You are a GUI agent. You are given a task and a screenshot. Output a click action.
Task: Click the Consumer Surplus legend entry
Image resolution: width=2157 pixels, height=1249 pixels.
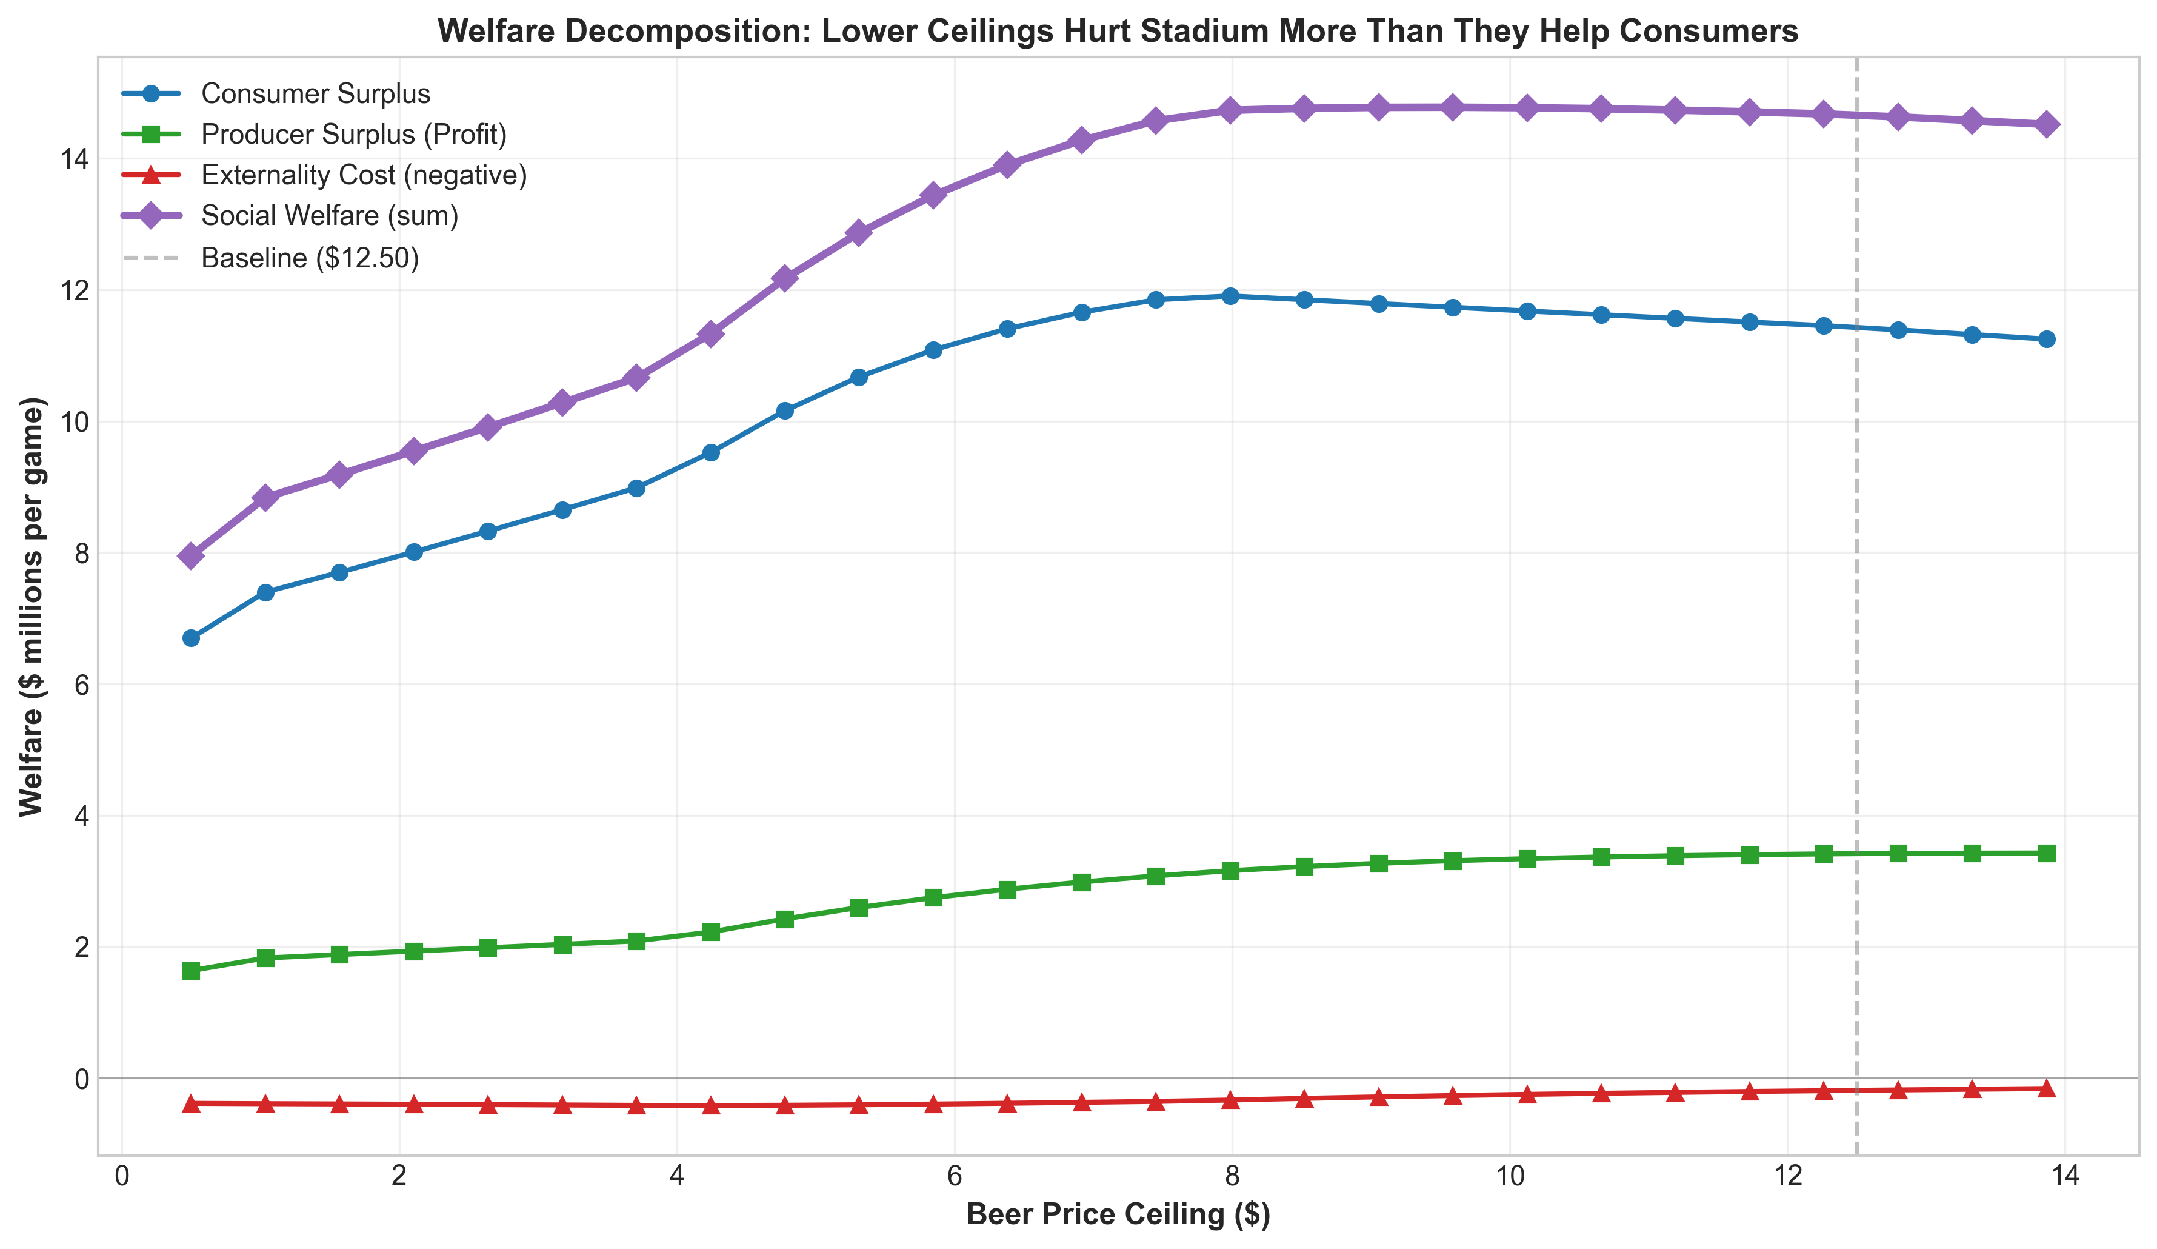(315, 93)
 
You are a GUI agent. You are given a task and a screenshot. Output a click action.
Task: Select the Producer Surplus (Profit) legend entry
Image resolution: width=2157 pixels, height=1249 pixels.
(353, 135)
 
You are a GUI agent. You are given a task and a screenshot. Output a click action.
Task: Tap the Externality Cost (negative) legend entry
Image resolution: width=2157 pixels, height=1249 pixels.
(364, 175)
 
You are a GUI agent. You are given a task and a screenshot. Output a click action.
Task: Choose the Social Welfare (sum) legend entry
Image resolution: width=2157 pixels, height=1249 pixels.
(330, 216)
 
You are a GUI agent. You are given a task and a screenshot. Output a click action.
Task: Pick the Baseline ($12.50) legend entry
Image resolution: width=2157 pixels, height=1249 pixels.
(310, 258)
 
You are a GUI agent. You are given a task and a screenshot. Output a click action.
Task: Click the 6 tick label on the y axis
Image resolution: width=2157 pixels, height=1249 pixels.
(81, 685)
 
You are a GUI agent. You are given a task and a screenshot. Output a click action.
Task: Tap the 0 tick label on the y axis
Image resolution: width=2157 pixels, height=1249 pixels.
(81, 1079)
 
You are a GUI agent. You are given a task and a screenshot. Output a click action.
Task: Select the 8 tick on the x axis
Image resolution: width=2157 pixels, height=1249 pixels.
(1231, 1176)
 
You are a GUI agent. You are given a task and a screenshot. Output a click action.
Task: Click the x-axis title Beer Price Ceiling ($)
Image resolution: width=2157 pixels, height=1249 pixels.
(1118, 1215)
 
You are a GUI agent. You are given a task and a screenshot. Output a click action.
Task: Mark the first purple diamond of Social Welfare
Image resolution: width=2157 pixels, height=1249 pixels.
(191, 557)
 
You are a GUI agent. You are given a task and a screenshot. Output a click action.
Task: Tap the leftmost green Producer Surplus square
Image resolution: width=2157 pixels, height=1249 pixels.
(191, 971)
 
